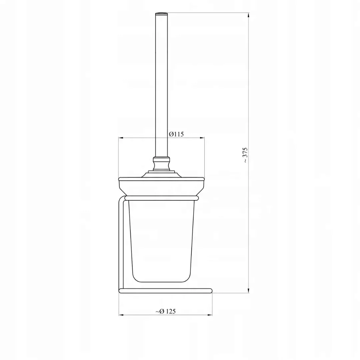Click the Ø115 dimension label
pos(176,134)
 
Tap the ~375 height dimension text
pos(245,155)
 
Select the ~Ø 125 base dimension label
pos(166,311)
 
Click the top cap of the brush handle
pos(162,14)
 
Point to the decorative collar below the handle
pos(162,163)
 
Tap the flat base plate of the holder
pos(166,291)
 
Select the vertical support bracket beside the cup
pos(121,243)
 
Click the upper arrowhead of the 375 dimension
pos(249,15)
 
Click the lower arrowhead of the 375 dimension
pos(249,291)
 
